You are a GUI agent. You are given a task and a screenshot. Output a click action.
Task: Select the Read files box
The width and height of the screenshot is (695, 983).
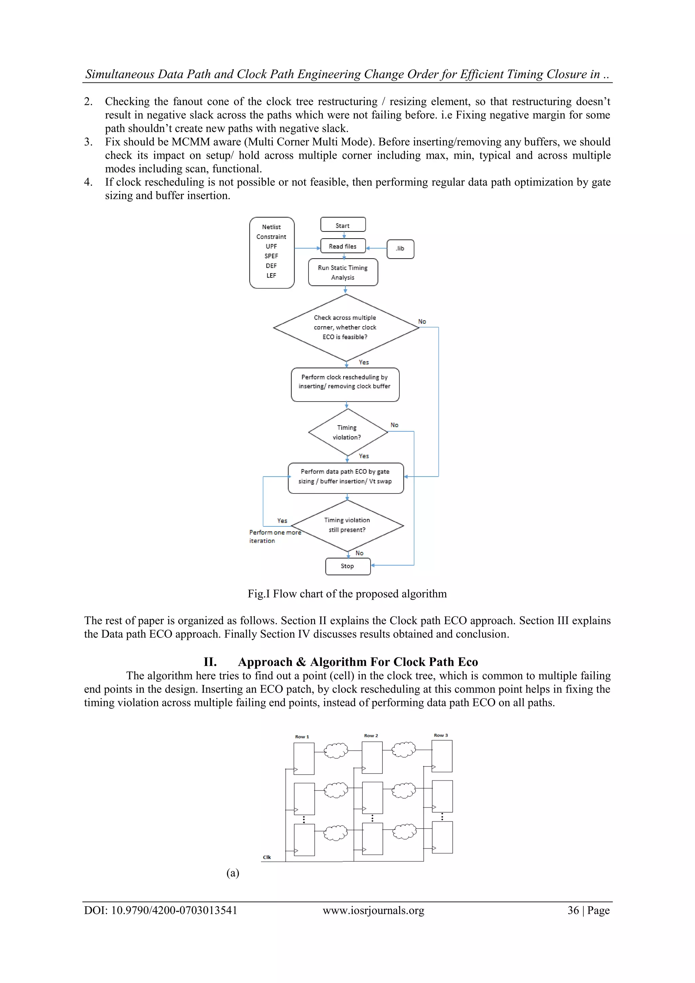pos(343,246)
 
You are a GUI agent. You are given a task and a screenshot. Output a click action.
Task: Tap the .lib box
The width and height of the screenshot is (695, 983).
pos(400,249)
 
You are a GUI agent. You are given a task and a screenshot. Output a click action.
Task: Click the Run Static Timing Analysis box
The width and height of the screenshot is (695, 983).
pos(343,272)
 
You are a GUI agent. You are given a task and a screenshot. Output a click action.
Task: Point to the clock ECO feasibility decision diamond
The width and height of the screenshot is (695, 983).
pos(345,328)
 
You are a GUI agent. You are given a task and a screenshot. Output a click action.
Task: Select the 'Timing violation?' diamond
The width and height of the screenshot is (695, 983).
pos(347,432)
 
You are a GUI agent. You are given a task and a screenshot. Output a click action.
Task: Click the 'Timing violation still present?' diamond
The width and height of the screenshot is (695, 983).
pos(347,525)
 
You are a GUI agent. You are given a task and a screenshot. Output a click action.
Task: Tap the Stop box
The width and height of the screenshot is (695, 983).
pos(347,566)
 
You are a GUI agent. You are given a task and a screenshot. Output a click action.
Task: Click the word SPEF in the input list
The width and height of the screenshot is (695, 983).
pos(271,256)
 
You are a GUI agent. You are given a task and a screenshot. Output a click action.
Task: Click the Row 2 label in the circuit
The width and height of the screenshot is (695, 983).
pos(371,736)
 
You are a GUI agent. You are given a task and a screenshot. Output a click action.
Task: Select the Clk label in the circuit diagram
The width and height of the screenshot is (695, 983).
pos(267,857)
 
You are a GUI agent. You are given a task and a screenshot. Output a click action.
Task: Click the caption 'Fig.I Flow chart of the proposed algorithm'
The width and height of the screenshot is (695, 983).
pos(347,594)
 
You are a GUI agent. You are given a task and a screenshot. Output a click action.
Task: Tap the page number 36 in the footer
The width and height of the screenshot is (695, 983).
pos(573,911)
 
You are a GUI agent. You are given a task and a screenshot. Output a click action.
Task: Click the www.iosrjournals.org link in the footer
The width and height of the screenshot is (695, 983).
pos(373,911)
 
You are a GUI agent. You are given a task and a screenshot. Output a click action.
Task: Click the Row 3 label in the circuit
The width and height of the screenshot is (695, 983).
pos(441,735)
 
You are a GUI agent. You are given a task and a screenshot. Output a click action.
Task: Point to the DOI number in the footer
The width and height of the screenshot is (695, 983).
pos(174,911)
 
